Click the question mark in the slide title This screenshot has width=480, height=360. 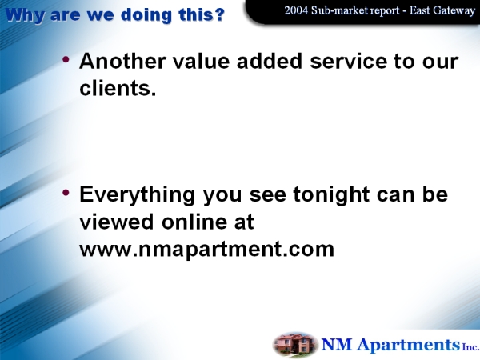[x=219, y=14]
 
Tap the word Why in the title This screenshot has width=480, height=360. [x=25, y=16]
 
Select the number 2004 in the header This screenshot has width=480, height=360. [x=296, y=10]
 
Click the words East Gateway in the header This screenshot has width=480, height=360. [x=442, y=11]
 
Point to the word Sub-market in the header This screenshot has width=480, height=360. [x=339, y=10]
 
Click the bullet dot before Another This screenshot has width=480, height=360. [x=66, y=59]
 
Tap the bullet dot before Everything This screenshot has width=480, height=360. [x=66, y=192]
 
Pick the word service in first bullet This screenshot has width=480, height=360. [x=348, y=61]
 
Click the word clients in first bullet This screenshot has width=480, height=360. [x=115, y=88]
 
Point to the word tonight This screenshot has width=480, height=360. [x=331, y=195]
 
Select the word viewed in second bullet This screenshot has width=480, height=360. [x=116, y=222]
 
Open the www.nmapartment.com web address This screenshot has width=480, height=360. [x=207, y=249]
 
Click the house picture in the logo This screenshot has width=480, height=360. [x=294, y=345]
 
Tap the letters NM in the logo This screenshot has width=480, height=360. [x=337, y=344]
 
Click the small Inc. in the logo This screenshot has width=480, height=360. [x=470, y=347]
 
